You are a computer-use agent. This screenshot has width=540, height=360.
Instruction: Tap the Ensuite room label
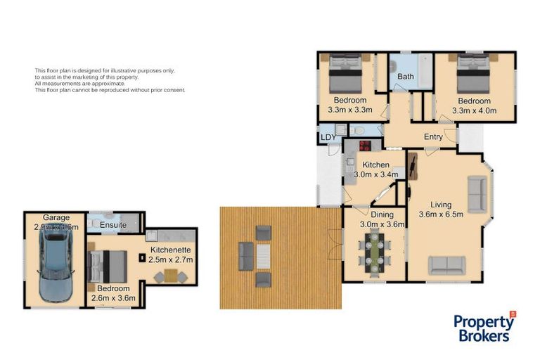point(113,225)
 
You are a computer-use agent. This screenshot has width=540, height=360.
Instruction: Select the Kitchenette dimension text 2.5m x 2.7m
point(169,260)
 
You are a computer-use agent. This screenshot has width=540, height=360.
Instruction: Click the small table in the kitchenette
point(170,276)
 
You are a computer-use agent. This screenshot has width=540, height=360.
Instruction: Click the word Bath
point(406,76)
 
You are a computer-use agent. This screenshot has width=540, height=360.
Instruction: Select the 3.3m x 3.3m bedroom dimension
point(349,110)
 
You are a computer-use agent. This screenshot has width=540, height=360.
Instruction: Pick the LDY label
point(328,137)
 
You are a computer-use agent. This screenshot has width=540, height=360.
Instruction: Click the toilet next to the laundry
point(358,131)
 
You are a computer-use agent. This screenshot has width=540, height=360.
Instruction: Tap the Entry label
point(433,137)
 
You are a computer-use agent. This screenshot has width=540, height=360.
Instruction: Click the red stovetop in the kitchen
point(366,147)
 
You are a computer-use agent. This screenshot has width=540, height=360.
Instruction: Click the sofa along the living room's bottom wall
point(446,265)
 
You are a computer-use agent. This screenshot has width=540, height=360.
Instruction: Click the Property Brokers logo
point(484,327)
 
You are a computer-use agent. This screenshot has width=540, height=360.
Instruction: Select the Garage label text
point(56,217)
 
